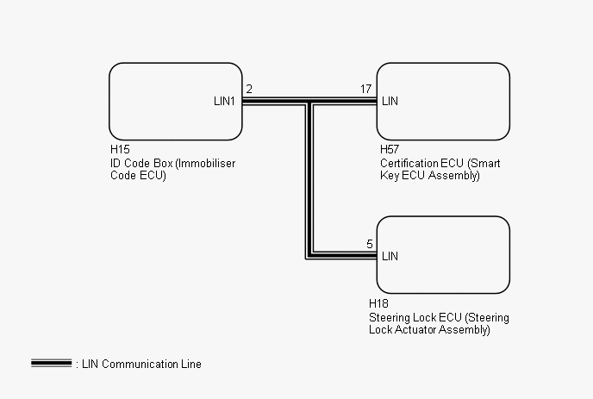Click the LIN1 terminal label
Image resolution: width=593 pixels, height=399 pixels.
225,102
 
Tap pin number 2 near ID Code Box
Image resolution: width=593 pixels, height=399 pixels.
249,90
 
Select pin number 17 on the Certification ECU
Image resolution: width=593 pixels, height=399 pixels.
366,90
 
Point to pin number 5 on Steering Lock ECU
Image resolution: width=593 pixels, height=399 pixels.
370,244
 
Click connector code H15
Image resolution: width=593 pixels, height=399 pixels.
120,149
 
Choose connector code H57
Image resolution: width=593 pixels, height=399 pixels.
389,149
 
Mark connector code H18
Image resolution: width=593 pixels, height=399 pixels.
378,304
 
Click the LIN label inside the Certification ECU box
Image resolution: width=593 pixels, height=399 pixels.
390,102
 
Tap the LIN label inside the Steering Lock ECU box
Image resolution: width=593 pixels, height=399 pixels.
390,256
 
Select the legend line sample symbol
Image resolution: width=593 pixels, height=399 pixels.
51,364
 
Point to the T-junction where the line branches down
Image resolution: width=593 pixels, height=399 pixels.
309,102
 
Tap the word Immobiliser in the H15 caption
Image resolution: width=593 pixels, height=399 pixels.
199,162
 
